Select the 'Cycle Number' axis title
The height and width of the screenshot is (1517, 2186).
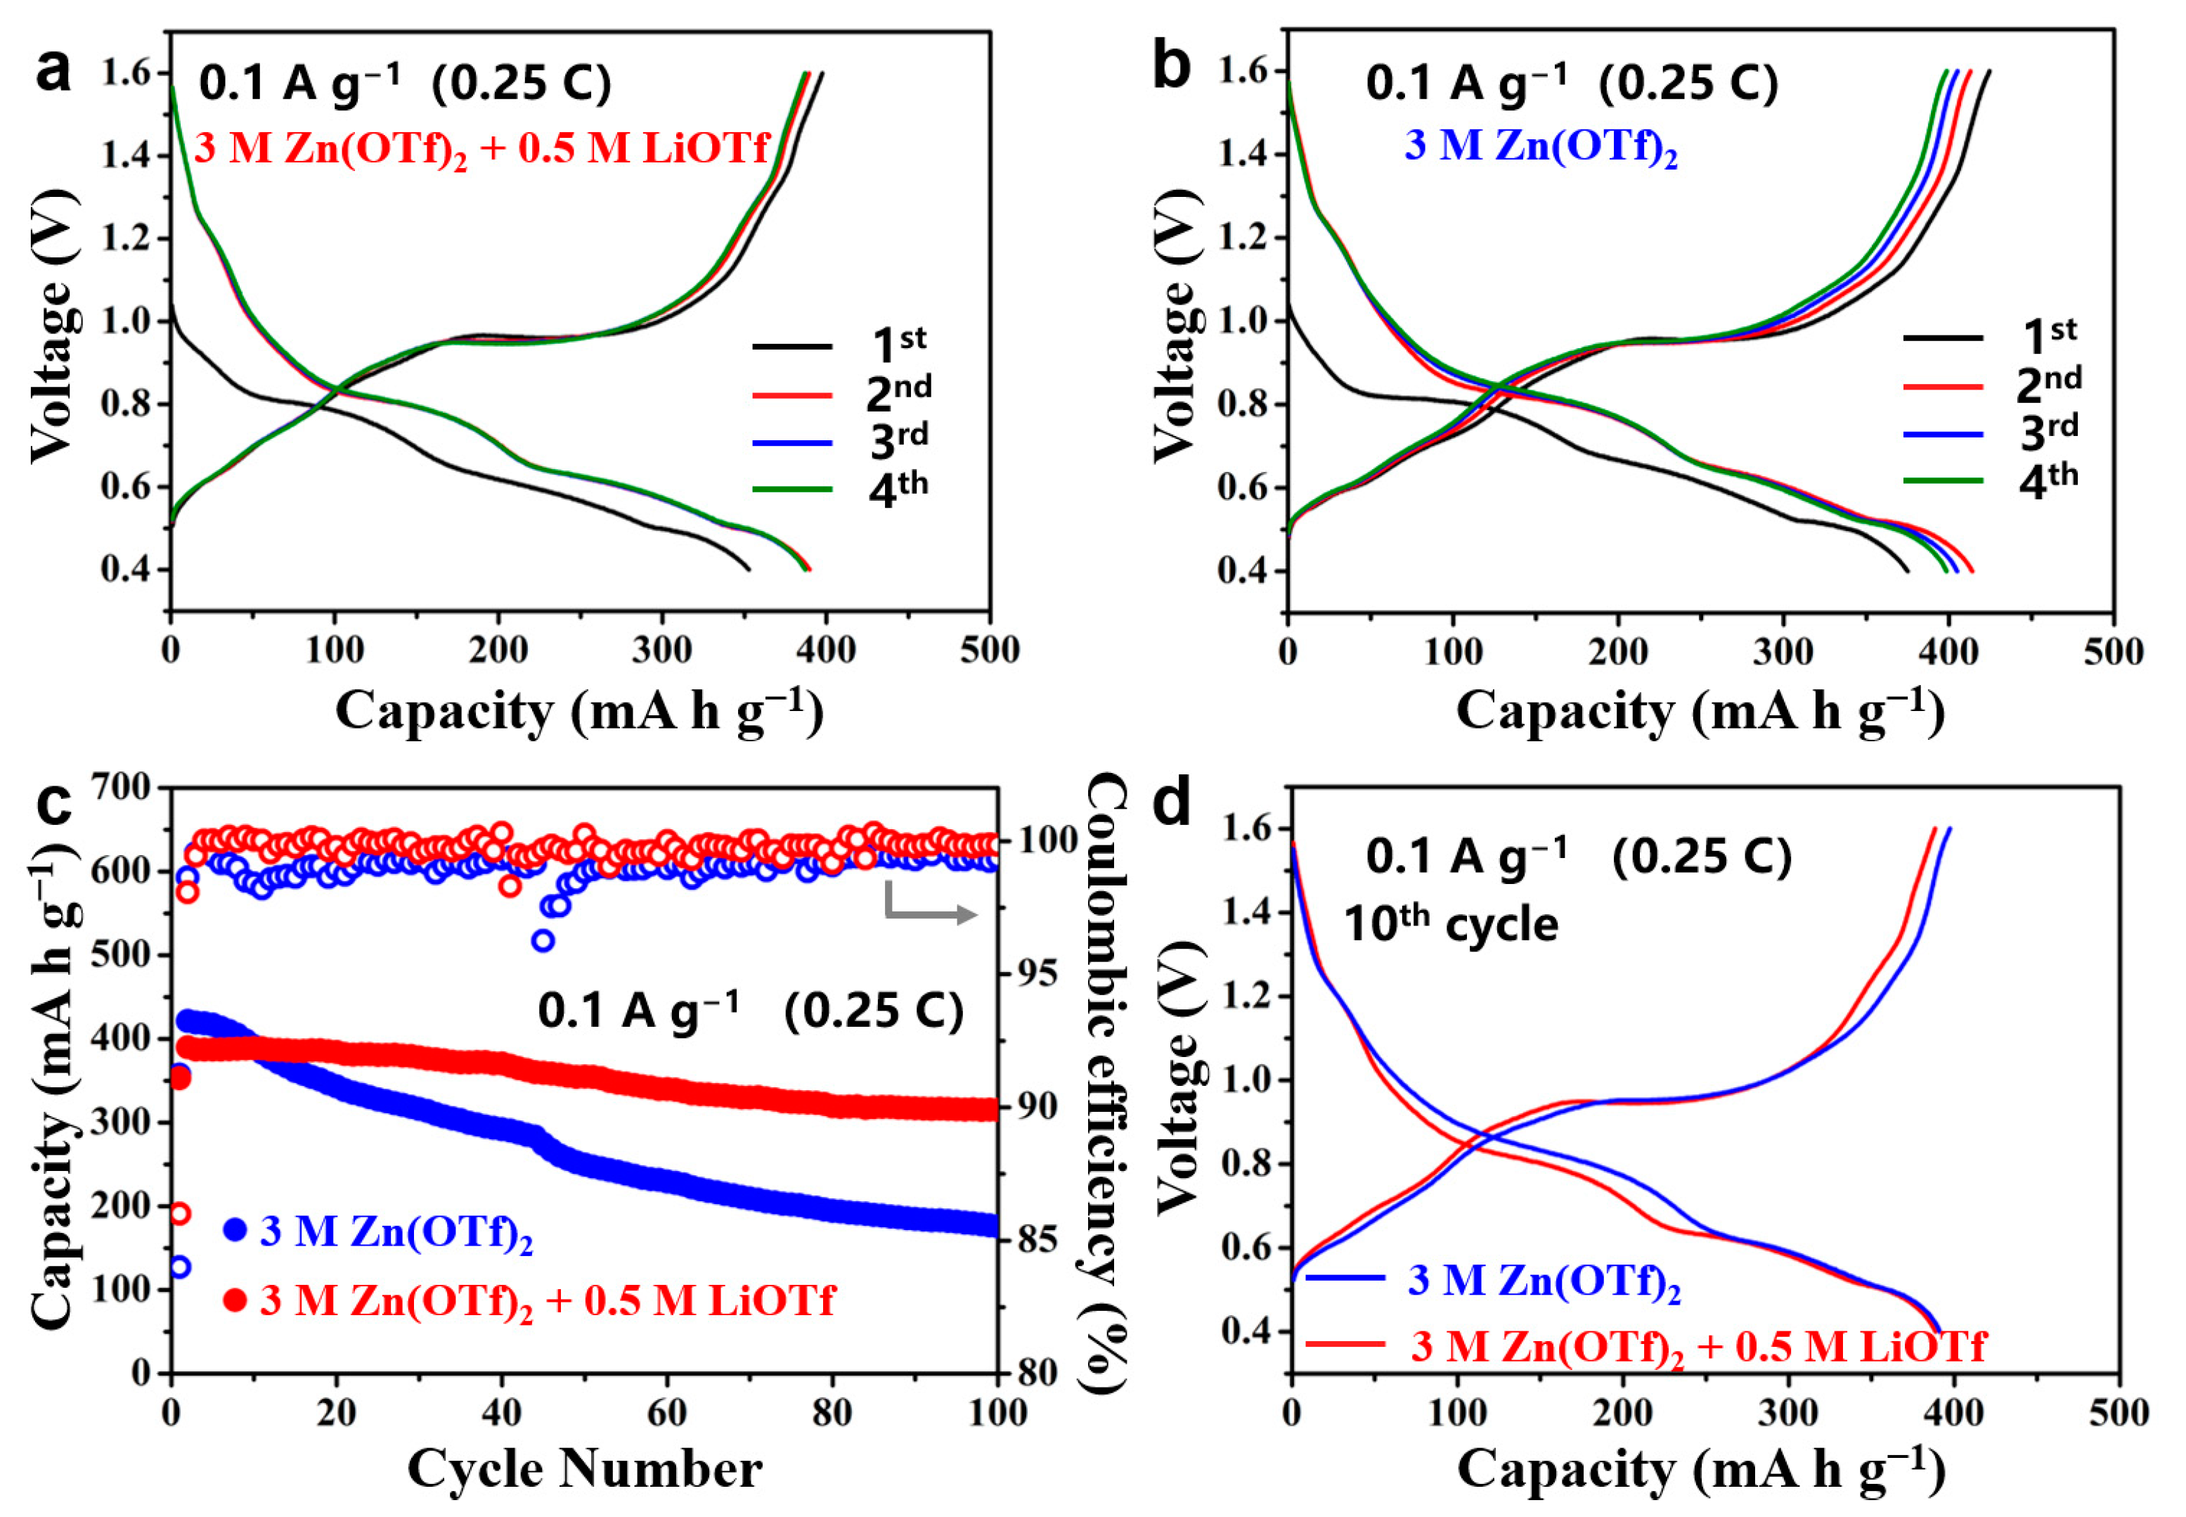584,1469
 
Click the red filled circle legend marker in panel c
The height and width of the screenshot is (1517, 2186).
235,1300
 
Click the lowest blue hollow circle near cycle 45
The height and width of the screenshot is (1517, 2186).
543,941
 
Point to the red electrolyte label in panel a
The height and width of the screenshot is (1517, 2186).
481,151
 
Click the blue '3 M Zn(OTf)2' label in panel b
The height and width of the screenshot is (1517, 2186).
1541,147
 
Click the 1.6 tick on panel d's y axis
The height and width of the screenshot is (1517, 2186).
1245,830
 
